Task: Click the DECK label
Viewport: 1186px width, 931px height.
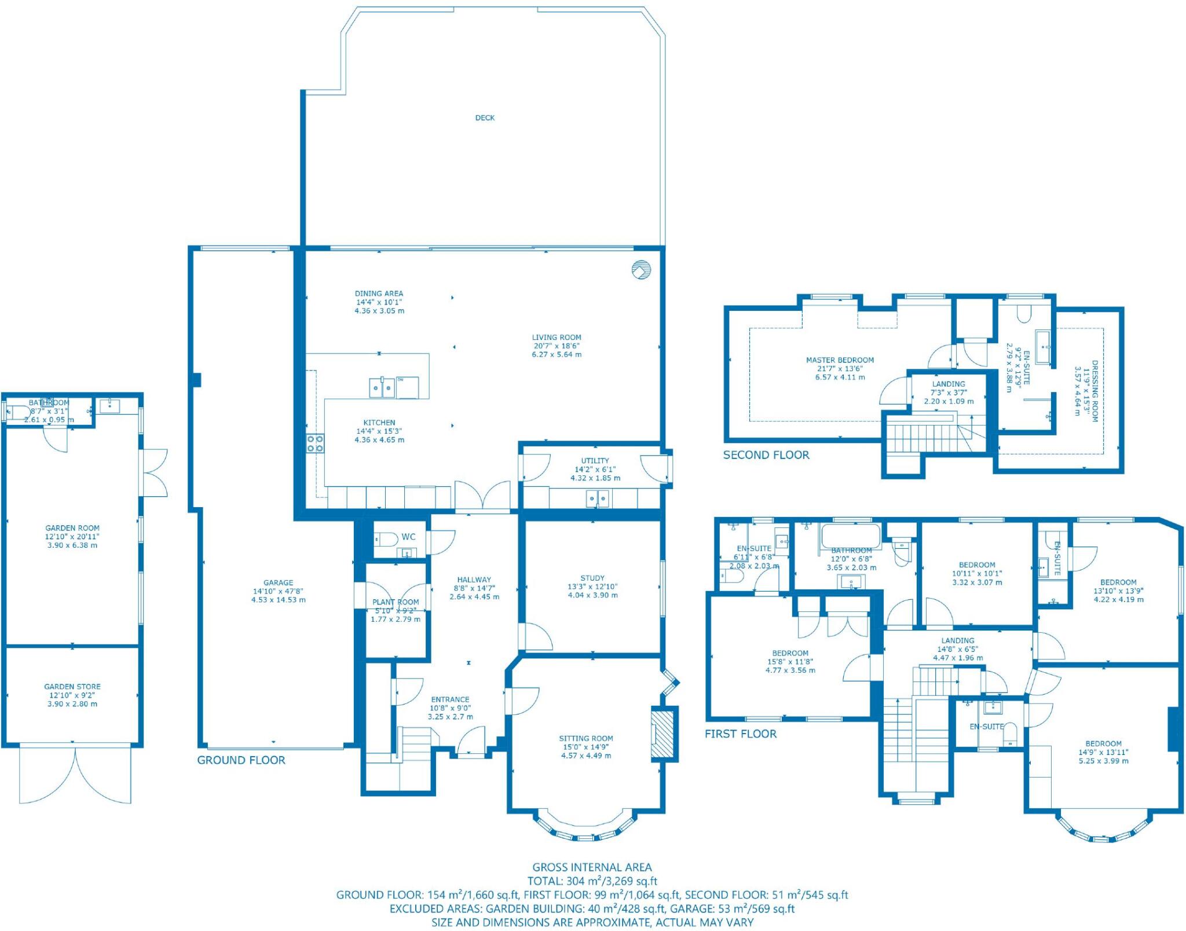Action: [485, 118]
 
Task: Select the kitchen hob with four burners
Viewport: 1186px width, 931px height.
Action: [316, 443]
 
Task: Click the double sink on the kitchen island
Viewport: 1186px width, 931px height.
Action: [382, 387]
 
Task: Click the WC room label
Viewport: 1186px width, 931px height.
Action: [408, 537]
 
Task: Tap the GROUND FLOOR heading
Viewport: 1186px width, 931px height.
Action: [241, 760]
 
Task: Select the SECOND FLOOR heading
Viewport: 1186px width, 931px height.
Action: [766, 455]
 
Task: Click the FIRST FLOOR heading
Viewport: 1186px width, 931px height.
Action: [740, 734]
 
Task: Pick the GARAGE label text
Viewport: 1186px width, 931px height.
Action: [278, 582]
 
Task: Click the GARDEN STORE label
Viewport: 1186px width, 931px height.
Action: [72, 687]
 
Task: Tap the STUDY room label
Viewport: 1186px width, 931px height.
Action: [592, 578]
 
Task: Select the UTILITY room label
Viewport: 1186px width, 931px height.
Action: [595, 461]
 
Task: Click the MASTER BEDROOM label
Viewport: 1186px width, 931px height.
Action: [840, 360]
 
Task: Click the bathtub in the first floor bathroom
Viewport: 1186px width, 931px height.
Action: [850, 536]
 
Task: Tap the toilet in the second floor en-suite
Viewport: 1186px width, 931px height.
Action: [1024, 314]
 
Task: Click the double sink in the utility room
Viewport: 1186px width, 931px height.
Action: [597, 498]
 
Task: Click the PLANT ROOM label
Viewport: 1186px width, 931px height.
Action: [396, 602]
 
